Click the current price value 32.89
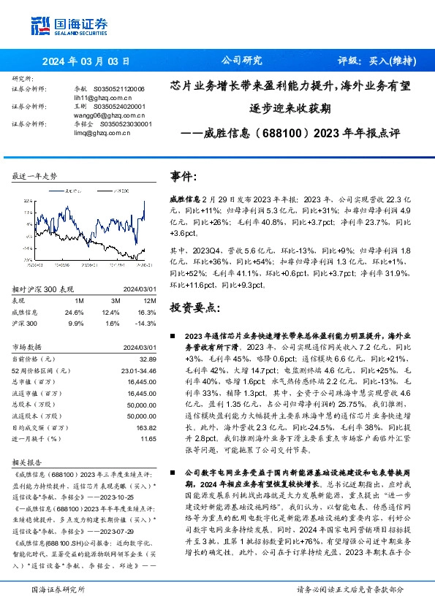pos(148,359)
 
